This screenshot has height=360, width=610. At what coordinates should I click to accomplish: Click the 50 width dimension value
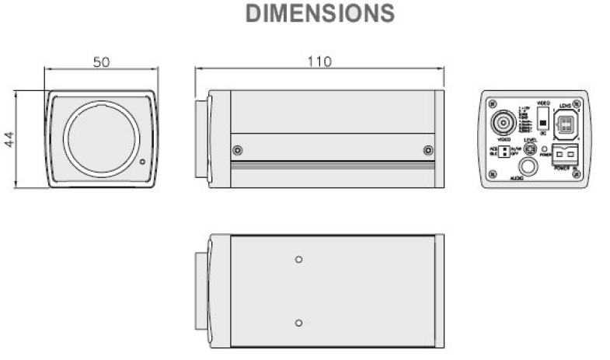[101, 62]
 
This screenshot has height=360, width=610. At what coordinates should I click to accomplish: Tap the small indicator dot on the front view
[142, 163]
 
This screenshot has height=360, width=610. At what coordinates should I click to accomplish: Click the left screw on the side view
[237, 150]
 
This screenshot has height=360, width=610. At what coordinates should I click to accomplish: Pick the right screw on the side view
[427, 150]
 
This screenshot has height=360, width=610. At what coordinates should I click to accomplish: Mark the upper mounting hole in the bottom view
[299, 260]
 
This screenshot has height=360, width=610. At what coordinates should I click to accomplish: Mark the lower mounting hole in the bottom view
[299, 322]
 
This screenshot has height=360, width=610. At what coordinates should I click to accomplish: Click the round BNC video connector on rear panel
[501, 124]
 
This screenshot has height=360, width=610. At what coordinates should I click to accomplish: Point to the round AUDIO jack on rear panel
[529, 166]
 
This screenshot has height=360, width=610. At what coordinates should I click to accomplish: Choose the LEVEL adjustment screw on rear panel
[532, 149]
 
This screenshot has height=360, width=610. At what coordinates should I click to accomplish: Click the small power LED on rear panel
[546, 148]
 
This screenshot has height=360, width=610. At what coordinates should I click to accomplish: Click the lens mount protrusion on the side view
[200, 138]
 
